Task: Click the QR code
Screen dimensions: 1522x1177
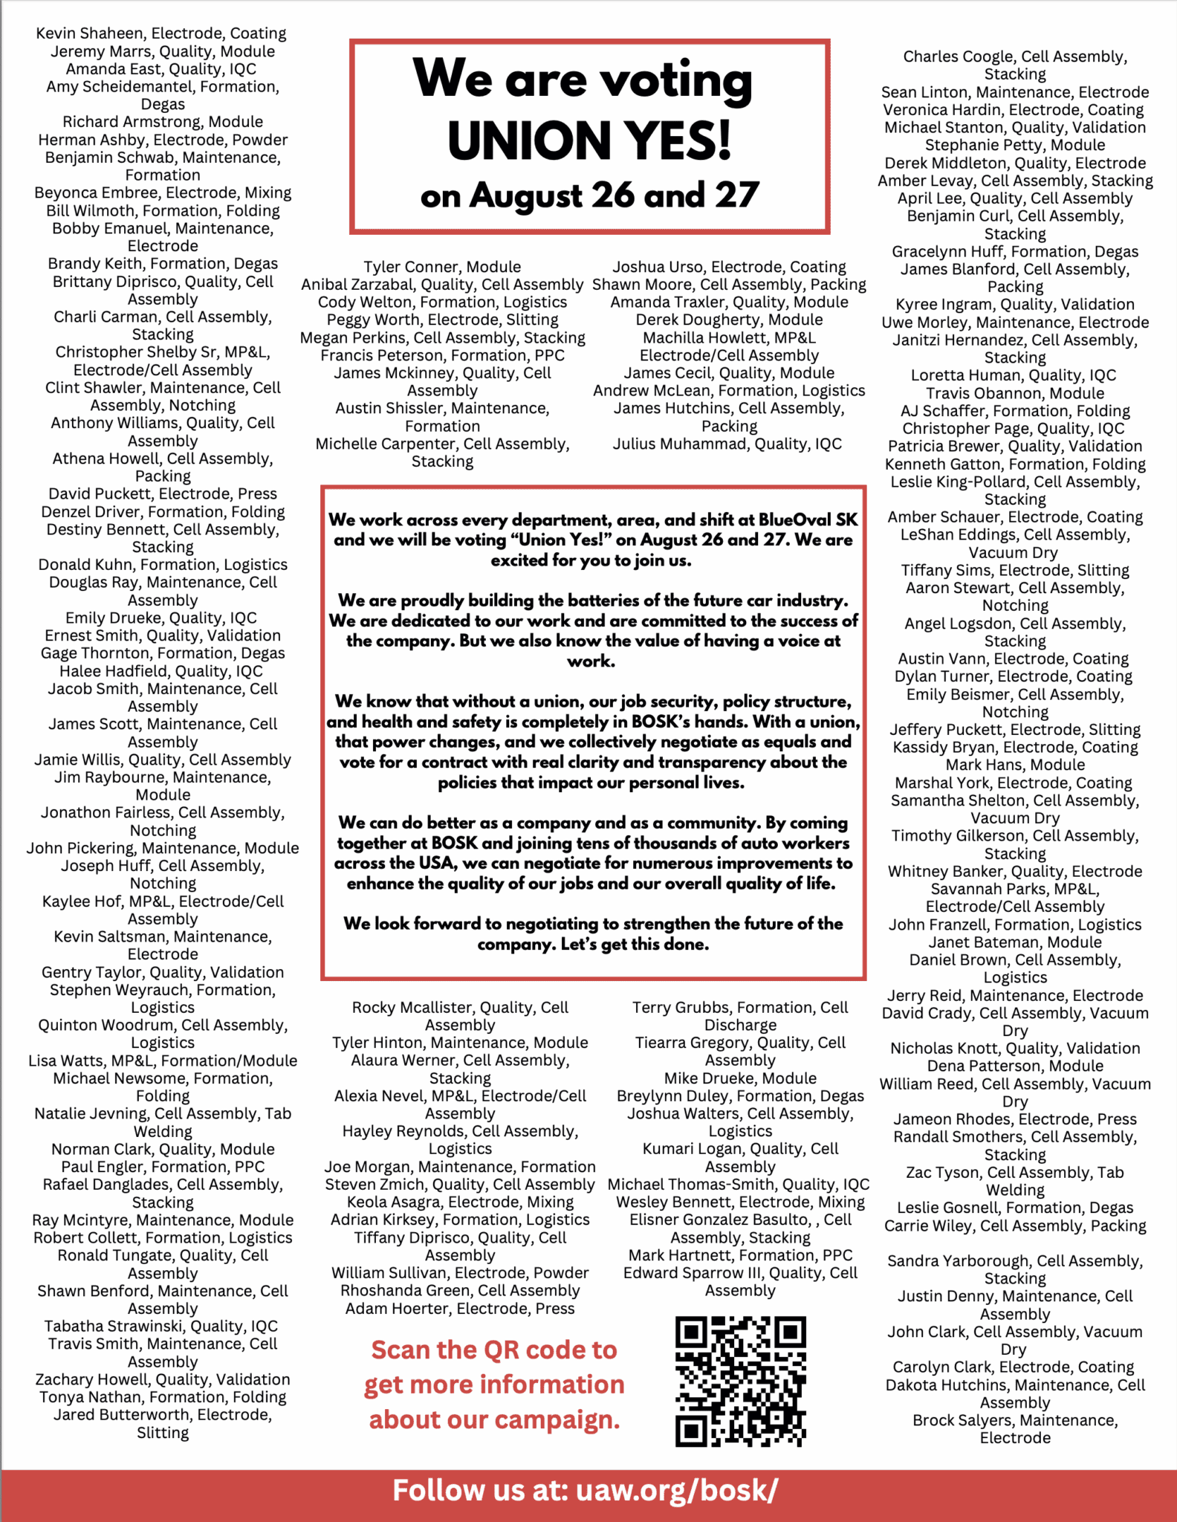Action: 740,1381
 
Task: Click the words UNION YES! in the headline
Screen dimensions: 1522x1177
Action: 589,140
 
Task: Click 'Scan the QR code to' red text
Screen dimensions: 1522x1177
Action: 494,1350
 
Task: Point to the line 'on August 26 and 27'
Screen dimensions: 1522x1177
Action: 589,195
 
